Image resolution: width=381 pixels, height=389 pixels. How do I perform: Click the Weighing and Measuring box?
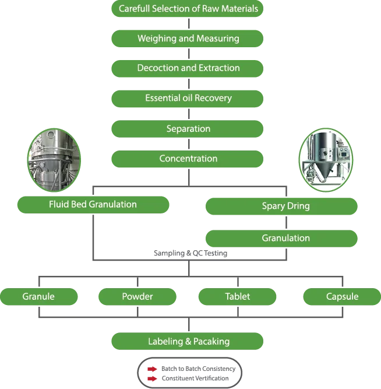(188, 38)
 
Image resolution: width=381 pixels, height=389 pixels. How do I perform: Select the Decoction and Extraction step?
(188, 68)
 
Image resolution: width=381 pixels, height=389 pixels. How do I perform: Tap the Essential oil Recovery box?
(188, 98)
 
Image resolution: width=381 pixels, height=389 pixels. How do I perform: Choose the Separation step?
(188, 128)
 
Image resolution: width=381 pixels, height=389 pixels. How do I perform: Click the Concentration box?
(188, 159)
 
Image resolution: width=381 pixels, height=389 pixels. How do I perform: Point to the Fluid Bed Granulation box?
(93, 205)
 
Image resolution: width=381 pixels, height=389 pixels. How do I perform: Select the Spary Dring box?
(282, 206)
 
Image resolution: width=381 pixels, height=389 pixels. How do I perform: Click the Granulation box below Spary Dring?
(282, 238)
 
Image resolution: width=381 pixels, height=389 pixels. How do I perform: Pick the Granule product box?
(39, 297)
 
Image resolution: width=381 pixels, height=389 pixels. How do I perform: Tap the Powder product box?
(137, 297)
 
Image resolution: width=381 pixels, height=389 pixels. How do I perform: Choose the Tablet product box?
(238, 297)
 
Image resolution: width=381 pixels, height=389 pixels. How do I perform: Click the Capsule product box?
(342, 297)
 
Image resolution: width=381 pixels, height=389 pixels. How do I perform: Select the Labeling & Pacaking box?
(188, 341)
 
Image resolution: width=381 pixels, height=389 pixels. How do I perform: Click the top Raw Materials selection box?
(188, 9)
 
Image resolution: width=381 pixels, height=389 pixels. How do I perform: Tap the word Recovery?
(213, 98)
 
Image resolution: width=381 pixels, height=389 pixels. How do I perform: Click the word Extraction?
(219, 68)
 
